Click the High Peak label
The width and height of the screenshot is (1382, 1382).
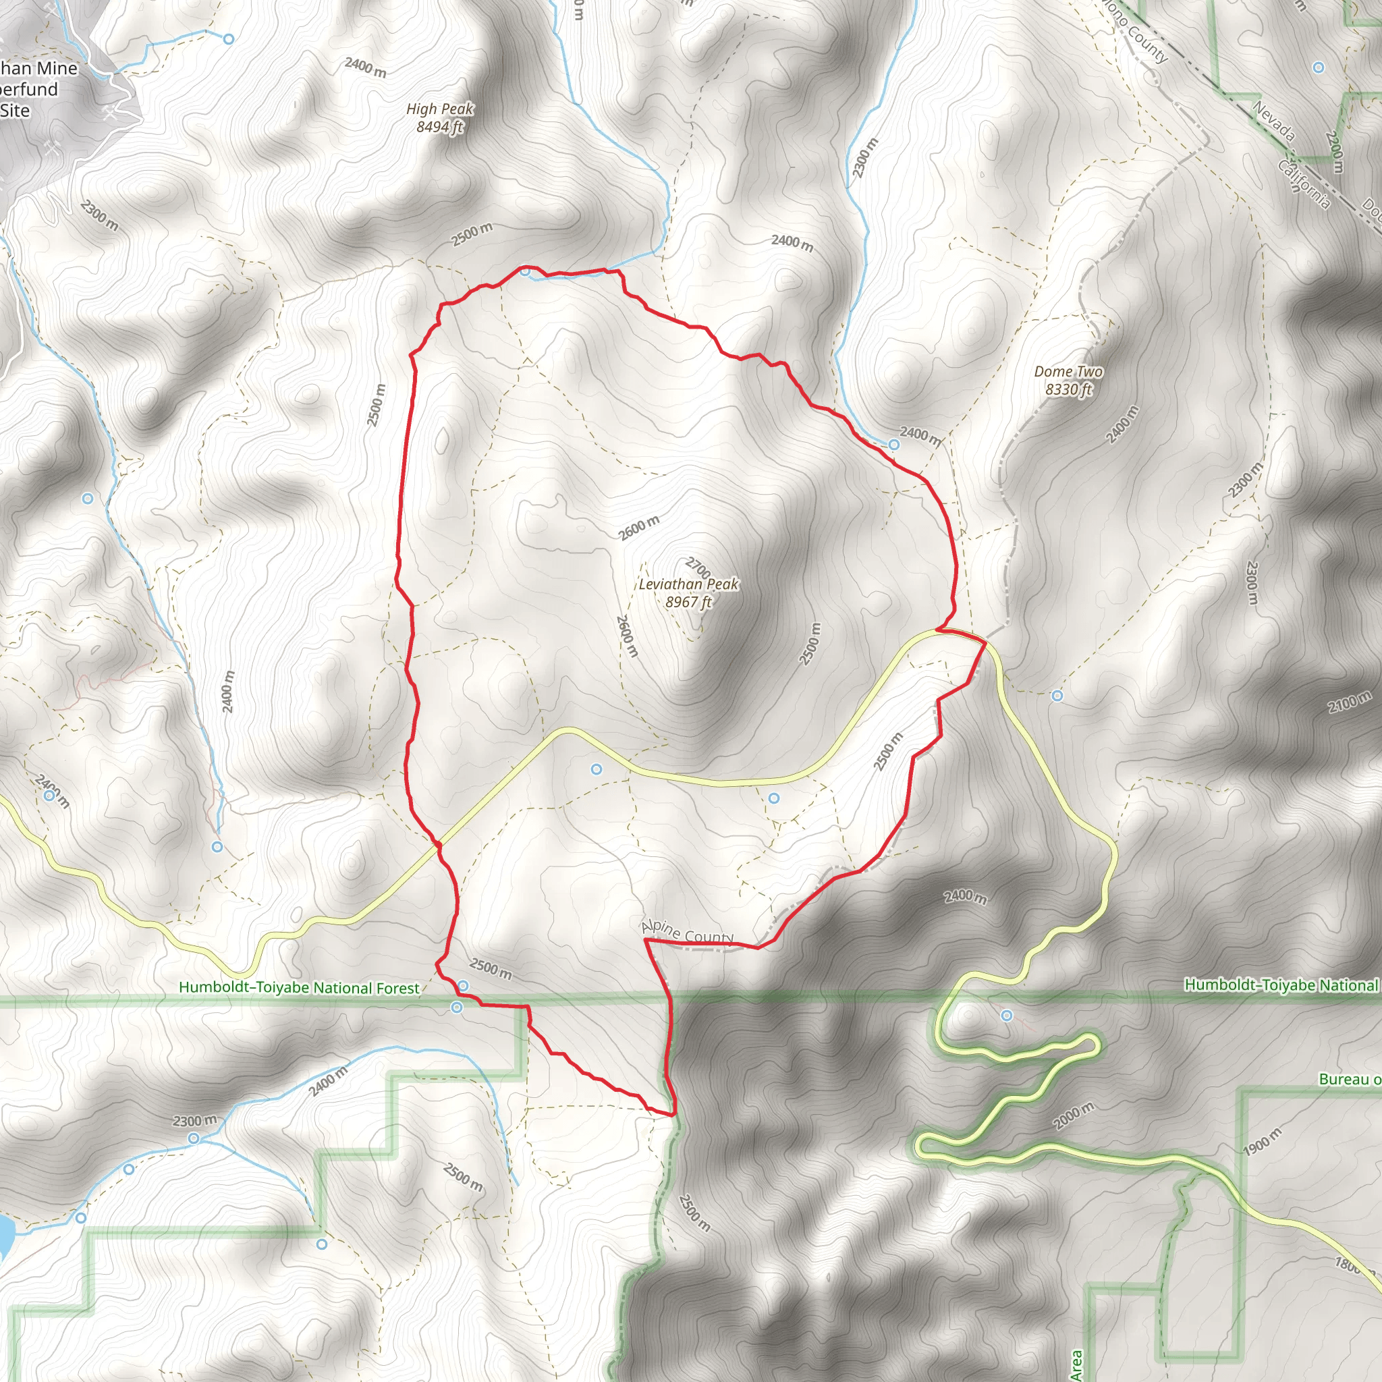pos(439,109)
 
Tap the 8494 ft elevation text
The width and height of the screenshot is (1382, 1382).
pos(439,128)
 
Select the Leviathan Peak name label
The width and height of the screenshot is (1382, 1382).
pos(688,584)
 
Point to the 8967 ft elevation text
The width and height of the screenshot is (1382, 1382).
pos(688,603)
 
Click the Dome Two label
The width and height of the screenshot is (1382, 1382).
pos(1068,371)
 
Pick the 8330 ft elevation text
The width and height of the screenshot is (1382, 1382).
pos(1068,390)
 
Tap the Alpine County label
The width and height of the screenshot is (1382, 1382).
pos(688,933)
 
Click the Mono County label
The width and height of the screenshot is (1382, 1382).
pos(1136,32)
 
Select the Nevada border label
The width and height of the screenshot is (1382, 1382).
pos(1274,120)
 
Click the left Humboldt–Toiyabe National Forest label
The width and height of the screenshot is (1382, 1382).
pos(299,988)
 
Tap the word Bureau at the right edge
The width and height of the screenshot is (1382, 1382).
pos(1349,1080)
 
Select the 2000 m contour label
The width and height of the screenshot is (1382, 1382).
pos(1074,1116)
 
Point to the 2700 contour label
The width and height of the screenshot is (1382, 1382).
pos(698,568)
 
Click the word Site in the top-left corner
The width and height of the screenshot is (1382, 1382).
pos(15,111)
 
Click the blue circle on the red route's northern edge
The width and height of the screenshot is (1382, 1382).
pos(525,271)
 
